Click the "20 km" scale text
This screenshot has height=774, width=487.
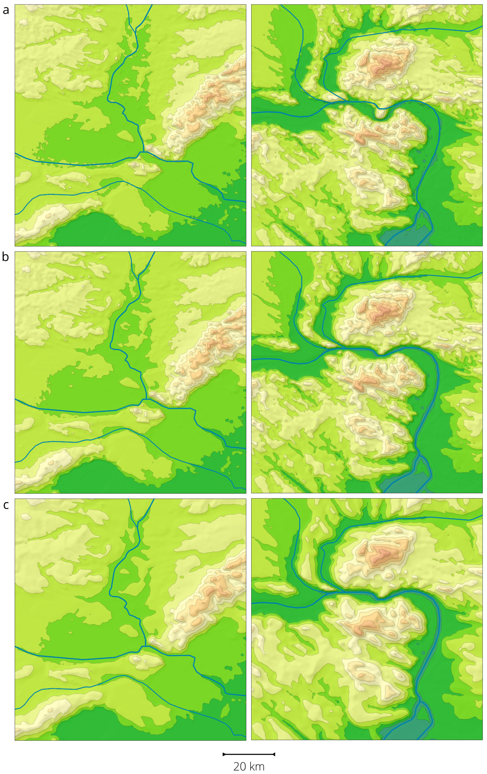tap(249, 766)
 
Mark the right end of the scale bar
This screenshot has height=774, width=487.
tap(274, 754)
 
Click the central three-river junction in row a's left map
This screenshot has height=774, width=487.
tap(143, 152)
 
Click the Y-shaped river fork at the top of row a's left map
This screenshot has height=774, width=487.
tap(137, 29)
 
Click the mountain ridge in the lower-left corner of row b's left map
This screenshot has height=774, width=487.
tap(48, 463)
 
